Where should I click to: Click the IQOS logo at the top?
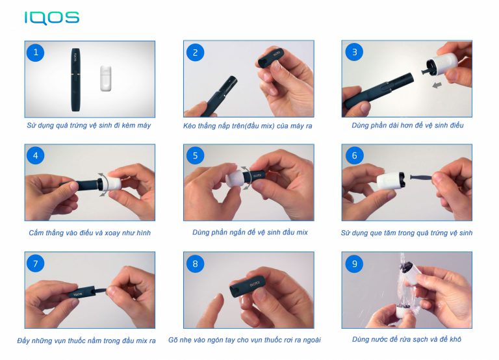51,18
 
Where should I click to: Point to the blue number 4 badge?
36,156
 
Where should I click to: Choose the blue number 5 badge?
194,156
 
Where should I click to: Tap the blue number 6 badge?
353,156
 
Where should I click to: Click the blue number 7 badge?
36,263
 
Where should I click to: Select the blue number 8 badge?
194,263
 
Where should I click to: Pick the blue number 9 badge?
353,263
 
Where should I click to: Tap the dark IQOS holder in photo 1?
75,77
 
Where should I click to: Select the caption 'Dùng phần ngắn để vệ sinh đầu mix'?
249,232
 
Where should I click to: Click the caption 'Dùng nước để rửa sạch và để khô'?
406,339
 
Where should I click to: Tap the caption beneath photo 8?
244,340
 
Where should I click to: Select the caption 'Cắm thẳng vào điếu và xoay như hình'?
90,233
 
